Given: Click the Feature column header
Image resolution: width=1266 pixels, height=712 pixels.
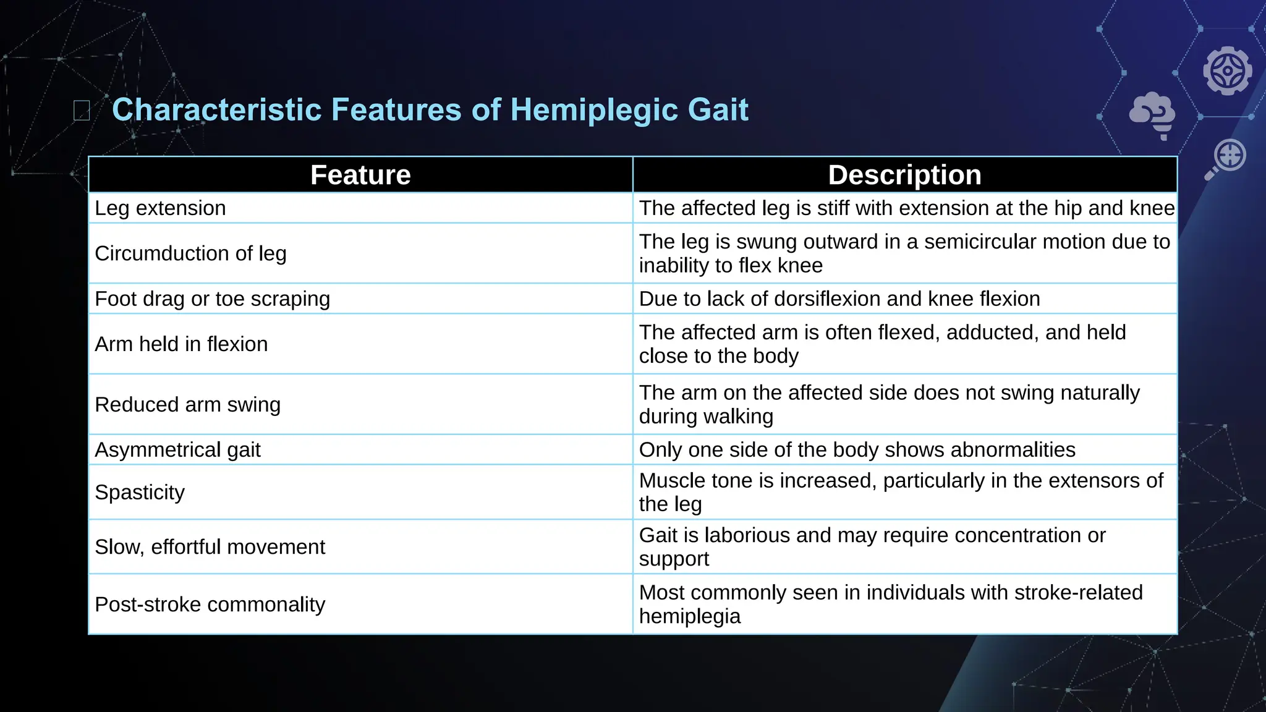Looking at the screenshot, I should [x=360, y=175].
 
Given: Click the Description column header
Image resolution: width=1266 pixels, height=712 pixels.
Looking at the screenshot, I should [x=904, y=175].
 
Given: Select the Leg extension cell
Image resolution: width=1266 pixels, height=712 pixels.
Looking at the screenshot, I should [x=160, y=208].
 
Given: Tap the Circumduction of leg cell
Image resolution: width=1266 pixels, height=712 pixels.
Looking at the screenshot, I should [x=190, y=253].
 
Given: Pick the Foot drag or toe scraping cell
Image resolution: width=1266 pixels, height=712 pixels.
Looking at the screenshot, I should [x=212, y=299].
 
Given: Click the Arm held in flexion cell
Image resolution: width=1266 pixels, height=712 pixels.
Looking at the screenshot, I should [x=181, y=344].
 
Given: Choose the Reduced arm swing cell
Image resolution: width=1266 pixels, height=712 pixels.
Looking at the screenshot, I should [x=187, y=405].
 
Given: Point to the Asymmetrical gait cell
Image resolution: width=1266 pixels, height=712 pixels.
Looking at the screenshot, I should [x=177, y=450].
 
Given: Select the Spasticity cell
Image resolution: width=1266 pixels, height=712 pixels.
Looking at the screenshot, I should [x=140, y=493].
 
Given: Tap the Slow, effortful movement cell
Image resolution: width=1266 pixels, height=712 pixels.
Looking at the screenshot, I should [x=210, y=547].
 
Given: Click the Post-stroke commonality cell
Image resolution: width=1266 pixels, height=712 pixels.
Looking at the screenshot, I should [x=210, y=604].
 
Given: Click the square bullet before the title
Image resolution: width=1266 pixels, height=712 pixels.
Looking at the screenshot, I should [x=82, y=111].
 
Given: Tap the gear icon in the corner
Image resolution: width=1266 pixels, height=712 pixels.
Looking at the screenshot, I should [x=1227, y=70].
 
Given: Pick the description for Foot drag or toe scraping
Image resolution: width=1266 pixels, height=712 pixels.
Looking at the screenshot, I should [x=839, y=299].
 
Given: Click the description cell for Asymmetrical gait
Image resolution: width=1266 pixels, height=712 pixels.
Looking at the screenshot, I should [x=857, y=450].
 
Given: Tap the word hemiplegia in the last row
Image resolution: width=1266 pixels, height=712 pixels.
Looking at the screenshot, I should [x=689, y=616].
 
